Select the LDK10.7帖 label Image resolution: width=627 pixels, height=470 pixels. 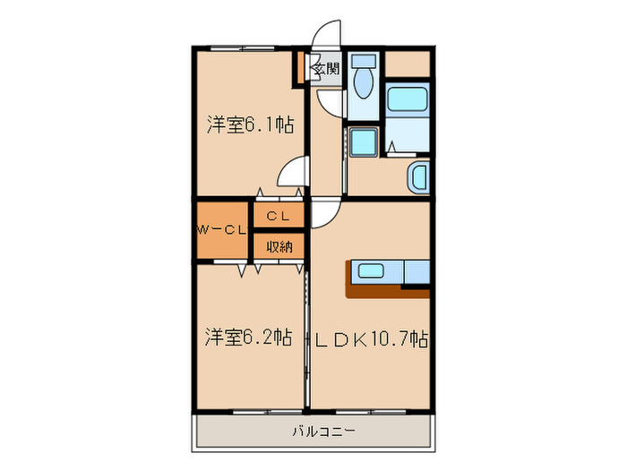[369, 339]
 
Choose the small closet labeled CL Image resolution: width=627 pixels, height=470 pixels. [278, 216]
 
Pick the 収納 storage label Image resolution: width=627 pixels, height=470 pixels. [279, 245]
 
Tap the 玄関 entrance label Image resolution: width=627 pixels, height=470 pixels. [326, 68]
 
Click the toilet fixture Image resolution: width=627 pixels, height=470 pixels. [363, 83]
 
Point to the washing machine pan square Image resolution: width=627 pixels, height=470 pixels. [363, 142]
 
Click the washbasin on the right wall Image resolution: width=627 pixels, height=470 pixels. [418, 177]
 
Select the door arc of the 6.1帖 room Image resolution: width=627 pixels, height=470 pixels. [292, 171]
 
